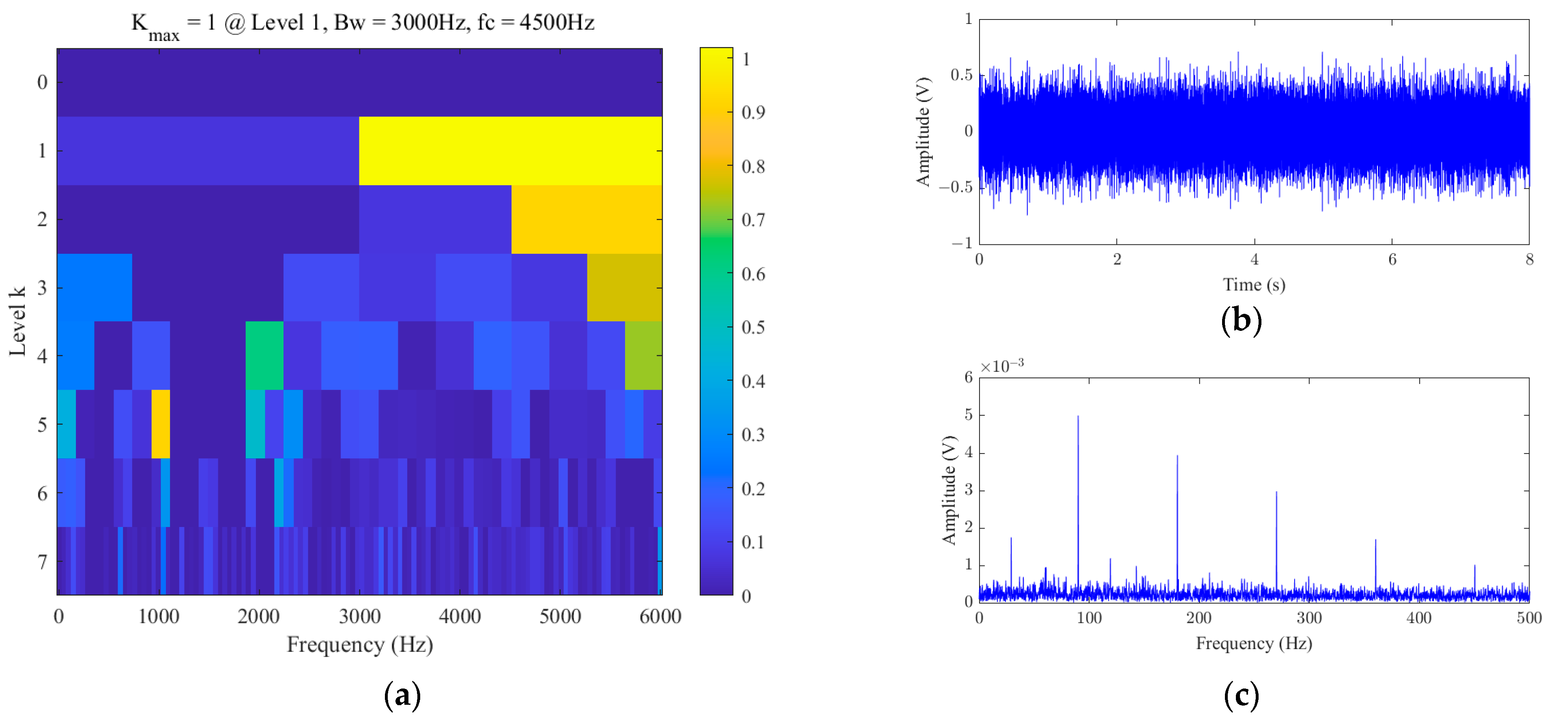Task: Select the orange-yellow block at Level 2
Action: [586, 219]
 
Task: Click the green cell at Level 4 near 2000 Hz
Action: [264, 355]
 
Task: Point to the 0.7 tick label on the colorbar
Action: [753, 220]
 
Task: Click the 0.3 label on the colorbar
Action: [753, 434]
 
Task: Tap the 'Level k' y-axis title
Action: [17, 321]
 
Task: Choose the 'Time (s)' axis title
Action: [1254, 284]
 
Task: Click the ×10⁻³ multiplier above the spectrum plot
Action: [1002, 366]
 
